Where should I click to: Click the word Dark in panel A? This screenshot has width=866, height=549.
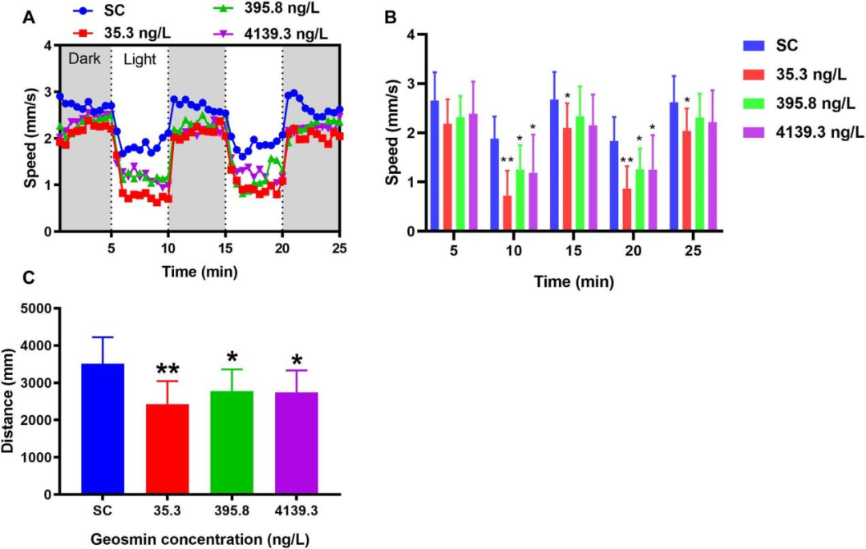click(x=84, y=59)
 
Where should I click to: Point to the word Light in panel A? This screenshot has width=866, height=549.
click(x=140, y=59)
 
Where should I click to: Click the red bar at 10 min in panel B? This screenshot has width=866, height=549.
click(x=507, y=213)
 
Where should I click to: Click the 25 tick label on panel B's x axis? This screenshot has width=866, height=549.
click(x=694, y=251)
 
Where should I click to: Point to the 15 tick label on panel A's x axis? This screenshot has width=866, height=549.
click(x=225, y=247)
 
